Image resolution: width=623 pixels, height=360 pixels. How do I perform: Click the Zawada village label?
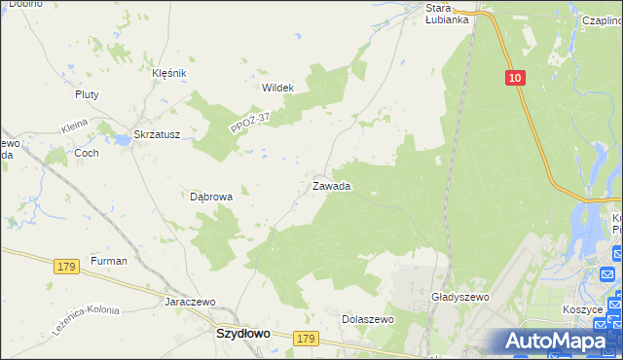331,186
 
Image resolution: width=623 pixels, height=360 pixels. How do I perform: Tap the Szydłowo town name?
241,333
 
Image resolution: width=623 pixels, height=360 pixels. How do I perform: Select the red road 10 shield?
515,78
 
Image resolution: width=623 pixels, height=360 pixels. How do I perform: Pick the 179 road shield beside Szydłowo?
306,338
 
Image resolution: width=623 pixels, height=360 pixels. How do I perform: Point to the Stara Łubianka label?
448,14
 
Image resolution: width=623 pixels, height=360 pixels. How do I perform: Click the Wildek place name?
277,87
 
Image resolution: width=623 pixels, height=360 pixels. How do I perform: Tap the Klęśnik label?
168,72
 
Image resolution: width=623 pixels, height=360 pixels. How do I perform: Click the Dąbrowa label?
211,197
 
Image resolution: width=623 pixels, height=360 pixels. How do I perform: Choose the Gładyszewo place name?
459,297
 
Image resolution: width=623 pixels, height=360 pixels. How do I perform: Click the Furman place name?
109,262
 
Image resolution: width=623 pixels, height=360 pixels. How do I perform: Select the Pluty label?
88,94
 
